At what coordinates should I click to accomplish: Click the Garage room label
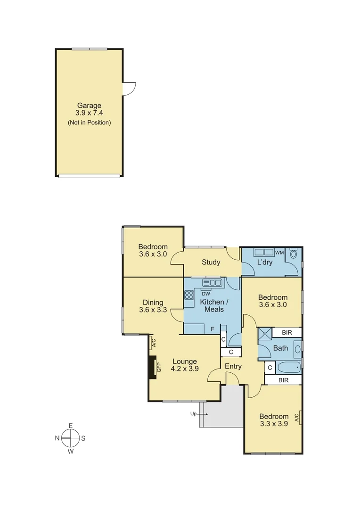(89, 106)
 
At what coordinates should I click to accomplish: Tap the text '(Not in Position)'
(89, 123)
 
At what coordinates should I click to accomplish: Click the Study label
(211, 263)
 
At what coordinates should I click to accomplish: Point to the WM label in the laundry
(279, 253)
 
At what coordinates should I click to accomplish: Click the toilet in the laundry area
(294, 254)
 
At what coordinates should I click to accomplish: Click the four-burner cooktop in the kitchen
(189, 296)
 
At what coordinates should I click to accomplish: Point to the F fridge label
(213, 329)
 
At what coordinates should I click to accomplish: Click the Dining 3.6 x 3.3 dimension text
(153, 310)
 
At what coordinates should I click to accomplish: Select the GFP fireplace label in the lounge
(159, 367)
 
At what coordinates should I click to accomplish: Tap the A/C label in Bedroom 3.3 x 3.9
(296, 418)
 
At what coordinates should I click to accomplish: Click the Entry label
(233, 366)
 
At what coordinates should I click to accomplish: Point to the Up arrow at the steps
(199, 414)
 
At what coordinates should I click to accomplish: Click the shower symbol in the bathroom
(265, 334)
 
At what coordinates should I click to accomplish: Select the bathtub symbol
(288, 367)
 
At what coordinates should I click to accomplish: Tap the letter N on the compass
(57, 438)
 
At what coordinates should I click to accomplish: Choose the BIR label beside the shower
(287, 333)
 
